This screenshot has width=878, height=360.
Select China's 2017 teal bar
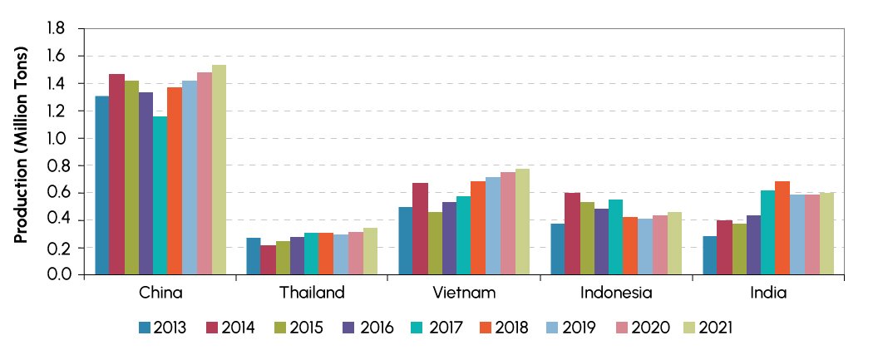pos(160,195)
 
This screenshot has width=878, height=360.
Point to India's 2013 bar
pos(709,255)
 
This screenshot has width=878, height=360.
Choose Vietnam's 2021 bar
pos(522,221)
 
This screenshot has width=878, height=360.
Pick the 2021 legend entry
pos(713,328)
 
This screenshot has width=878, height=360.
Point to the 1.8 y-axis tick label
pos(55,29)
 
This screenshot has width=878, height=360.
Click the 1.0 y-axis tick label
pos(55,138)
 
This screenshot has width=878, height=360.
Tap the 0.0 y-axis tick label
pos(55,274)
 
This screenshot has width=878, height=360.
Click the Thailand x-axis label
pos(312,293)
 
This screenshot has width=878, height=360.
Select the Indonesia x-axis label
pos(616,293)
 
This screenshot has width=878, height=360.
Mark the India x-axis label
pos(767,293)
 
